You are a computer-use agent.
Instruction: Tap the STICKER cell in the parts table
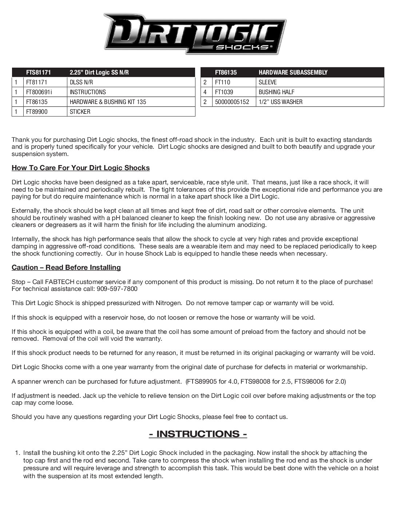[x=80, y=112]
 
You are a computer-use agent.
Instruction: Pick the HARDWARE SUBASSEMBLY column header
[x=293, y=72]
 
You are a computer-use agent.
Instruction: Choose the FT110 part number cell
[x=223, y=82]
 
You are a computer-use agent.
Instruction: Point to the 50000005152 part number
[x=232, y=102]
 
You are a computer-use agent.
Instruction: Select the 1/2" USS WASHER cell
[x=281, y=102]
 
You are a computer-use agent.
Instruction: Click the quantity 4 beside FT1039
[x=205, y=92]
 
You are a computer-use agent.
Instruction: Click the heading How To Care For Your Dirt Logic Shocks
[x=80, y=168]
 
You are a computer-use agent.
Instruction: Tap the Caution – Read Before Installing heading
[x=66, y=267]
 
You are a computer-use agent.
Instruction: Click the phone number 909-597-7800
[x=117, y=289]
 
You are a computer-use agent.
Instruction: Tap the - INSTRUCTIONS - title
[x=198, y=434]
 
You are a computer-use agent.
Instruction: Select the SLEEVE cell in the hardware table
[x=268, y=82]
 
